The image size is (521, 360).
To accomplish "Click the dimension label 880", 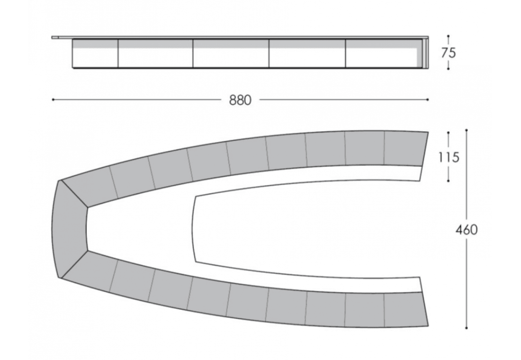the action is coord(240,100).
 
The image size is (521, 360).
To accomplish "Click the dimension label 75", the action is coord(449,53).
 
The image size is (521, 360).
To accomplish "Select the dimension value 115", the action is coord(449,157).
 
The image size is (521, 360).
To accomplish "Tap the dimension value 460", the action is coord(467,230).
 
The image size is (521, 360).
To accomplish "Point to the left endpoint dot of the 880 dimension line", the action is coord(53,99).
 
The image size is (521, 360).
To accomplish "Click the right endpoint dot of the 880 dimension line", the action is coord(428,99).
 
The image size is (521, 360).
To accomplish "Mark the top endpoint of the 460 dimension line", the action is coord(467,130).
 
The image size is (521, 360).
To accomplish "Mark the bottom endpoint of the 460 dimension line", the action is coord(467,328).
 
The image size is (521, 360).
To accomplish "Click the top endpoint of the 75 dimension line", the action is coord(448,36).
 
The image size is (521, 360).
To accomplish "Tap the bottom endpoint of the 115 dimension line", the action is coord(448,181).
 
